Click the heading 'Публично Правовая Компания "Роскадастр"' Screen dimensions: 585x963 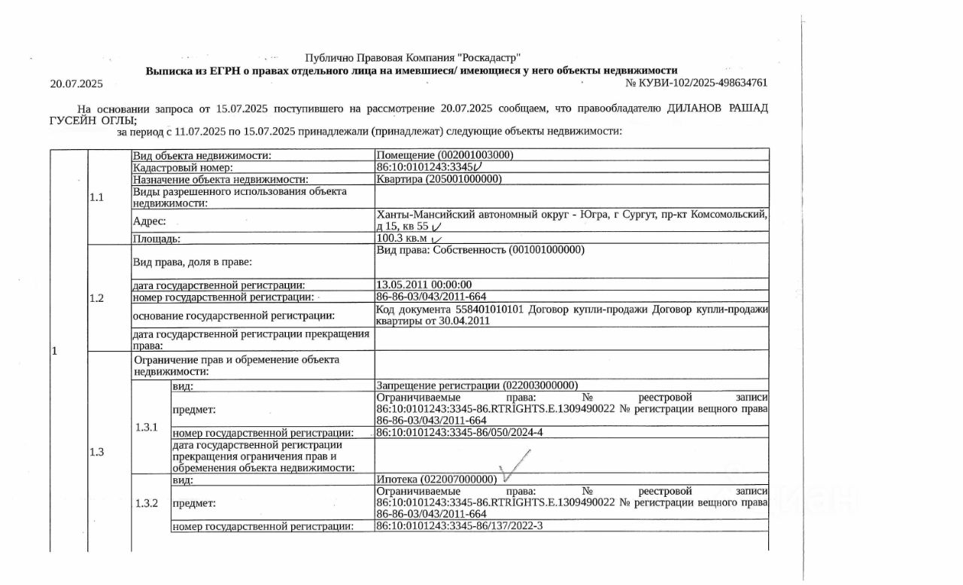pyautogui.click(x=412, y=58)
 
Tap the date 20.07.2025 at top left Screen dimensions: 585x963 pyautogui.click(x=76, y=84)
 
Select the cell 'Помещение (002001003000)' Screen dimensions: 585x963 pyautogui.click(x=445, y=154)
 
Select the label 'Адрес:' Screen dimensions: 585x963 pyautogui.click(x=150, y=221)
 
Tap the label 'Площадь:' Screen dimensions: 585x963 pyautogui.click(x=156, y=238)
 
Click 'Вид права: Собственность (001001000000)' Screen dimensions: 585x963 pyautogui.click(x=480, y=250)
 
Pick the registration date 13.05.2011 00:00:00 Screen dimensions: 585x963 pyautogui.click(x=424, y=285)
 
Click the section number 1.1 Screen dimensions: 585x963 pyautogui.click(x=96, y=197)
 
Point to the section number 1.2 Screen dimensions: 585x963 pyautogui.click(x=96, y=297)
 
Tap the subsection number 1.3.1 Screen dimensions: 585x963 pyautogui.click(x=147, y=427)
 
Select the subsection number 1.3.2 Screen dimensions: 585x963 pyautogui.click(x=147, y=503)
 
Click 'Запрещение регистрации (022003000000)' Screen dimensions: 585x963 pyautogui.click(x=477, y=385)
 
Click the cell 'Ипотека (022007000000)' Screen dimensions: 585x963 pyautogui.click(x=436, y=480)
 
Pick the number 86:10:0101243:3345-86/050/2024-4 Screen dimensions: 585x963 pyautogui.click(x=459, y=432)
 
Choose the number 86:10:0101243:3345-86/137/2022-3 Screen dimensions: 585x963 pyautogui.click(x=459, y=526)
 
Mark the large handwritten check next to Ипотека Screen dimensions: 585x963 pyautogui.click(x=516, y=465)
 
